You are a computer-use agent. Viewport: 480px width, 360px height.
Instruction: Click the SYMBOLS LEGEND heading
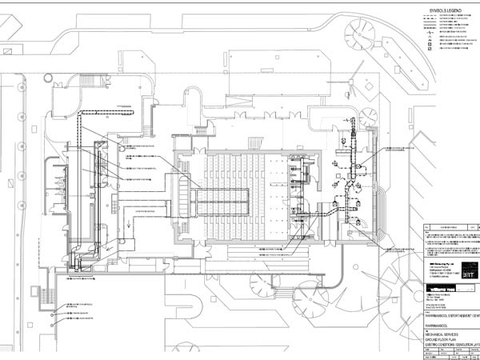pos(442,10)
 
